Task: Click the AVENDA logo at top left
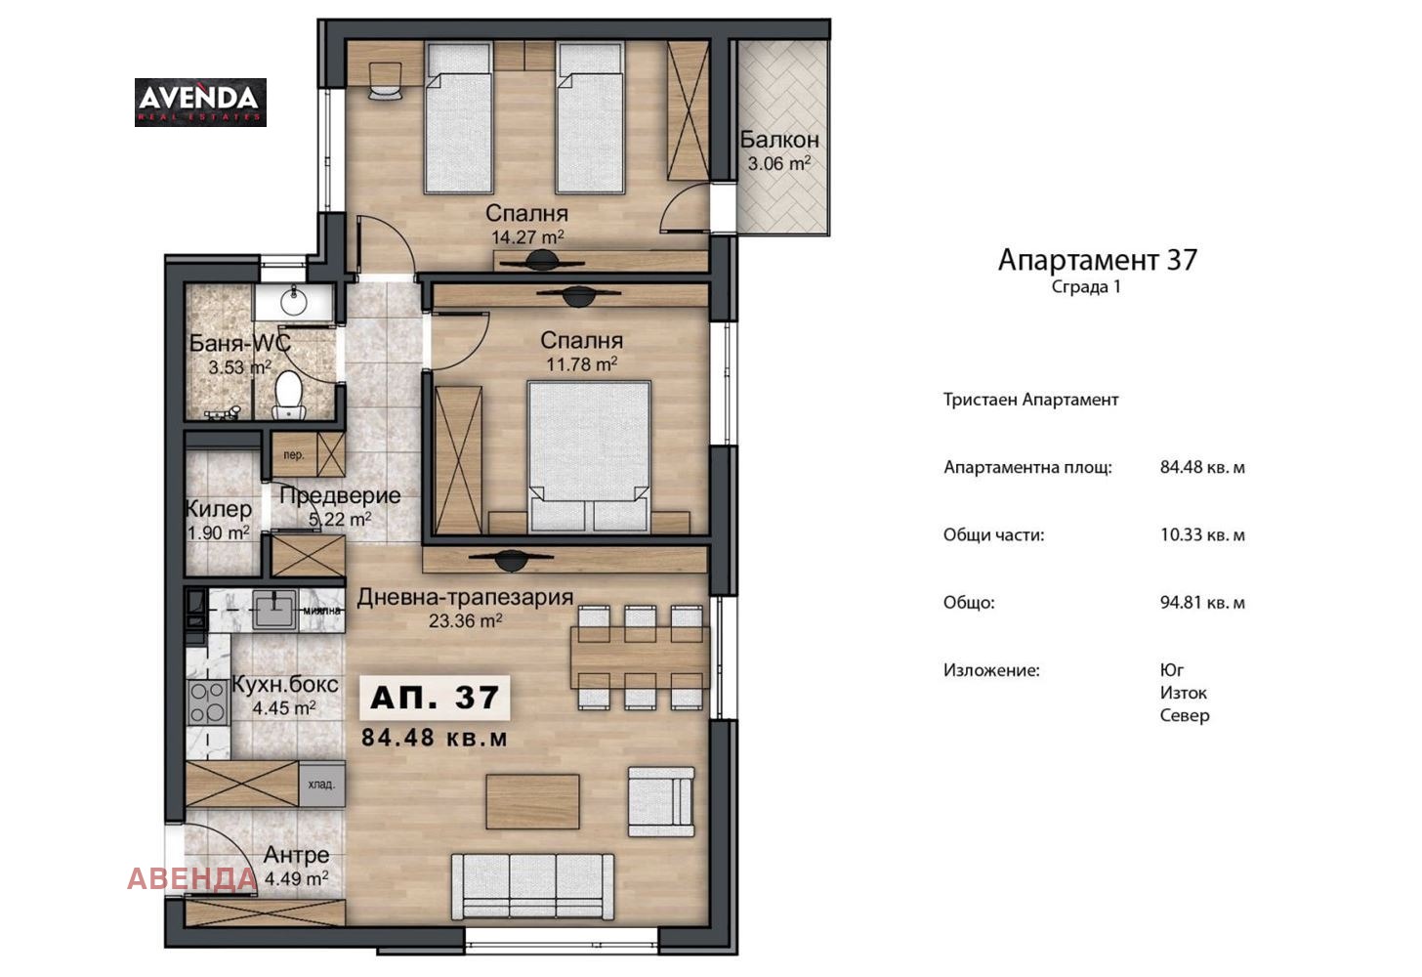click(200, 102)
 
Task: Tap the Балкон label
click(778, 140)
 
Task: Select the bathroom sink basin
click(293, 302)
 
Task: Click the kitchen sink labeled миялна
click(275, 610)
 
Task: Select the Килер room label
click(219, 509)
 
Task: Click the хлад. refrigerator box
click(321, 784)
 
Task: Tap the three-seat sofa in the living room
click(532, 885)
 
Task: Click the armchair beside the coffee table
click(661, 801)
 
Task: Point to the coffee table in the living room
click(532, 801)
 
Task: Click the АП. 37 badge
click(436, 697)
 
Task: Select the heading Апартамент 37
click(1097, 260)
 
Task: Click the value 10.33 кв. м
click(1202, 535)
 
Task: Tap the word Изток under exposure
click(1184, 693)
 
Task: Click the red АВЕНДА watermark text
click(191, 878)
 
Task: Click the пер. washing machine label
click(294, 455)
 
